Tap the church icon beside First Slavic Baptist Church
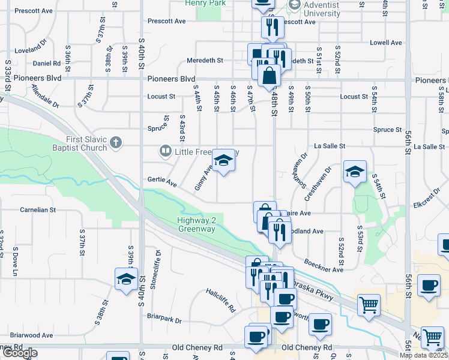click(116, 143)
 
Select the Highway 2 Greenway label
click(196, 224)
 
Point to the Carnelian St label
click(37, 210)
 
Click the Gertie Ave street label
click(162, 182)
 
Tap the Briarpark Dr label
click(164, 320)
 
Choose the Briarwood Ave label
click(31, 335)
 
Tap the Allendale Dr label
click(46, 95)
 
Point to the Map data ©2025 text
click(423, 355)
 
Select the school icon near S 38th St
click(127, 279)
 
